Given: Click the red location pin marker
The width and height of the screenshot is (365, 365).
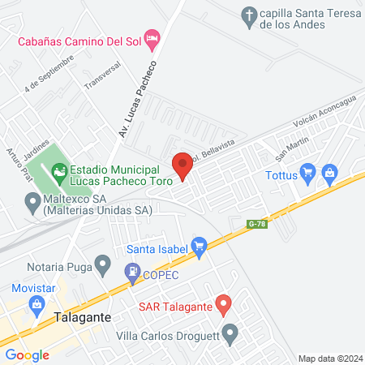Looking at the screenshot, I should (182, 165).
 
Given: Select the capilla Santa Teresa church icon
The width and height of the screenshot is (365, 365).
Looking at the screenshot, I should (248, 14).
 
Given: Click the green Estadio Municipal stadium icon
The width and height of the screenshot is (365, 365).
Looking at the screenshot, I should (58, 170).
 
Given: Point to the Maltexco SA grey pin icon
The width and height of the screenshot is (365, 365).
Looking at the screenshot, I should (32, 200).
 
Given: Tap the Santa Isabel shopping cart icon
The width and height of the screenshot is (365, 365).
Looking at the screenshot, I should (200, 245).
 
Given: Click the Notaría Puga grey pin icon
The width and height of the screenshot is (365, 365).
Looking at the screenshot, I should (103, 263).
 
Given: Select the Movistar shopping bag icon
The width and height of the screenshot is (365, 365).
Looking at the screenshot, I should (36, 305).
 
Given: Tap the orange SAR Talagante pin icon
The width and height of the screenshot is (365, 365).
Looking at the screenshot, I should (226, 304).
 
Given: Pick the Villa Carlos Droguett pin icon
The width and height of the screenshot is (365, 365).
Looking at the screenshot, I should (230, 333).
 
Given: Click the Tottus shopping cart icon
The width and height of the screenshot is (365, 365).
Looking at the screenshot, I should (307, 173).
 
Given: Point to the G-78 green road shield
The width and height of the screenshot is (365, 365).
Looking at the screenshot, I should (257, 223).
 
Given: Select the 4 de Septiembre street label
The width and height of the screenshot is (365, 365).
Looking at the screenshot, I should (49, 73).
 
